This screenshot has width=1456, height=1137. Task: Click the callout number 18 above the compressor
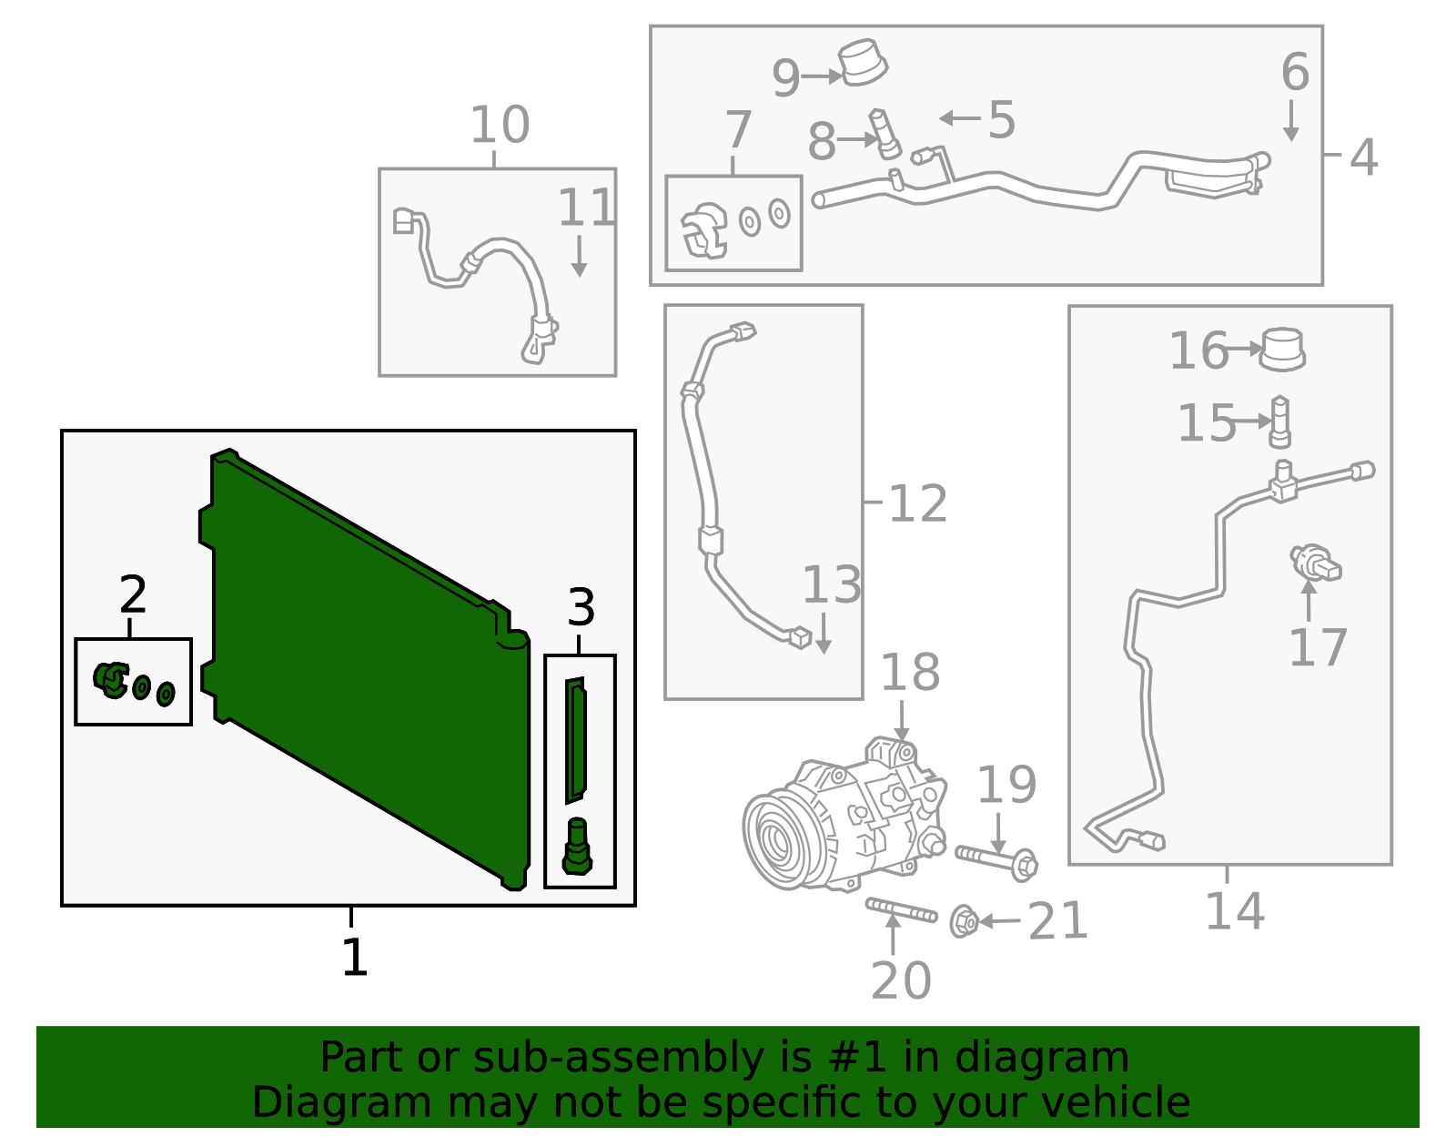909,673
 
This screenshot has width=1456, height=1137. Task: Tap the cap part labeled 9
862,63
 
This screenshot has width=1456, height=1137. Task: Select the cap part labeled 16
1282,349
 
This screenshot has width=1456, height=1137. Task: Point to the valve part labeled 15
1279,421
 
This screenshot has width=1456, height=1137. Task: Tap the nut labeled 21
964,921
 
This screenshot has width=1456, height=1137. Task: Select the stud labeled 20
901,909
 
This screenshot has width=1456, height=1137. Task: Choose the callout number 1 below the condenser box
354,957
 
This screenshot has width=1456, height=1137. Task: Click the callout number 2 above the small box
133,595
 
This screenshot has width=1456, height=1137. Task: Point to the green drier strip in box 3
575,739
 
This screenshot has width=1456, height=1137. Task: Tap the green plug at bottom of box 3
577,847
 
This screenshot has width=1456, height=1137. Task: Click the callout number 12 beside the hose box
917,503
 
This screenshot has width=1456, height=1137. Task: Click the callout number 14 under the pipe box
1234,910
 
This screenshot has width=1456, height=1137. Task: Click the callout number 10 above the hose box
499,125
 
